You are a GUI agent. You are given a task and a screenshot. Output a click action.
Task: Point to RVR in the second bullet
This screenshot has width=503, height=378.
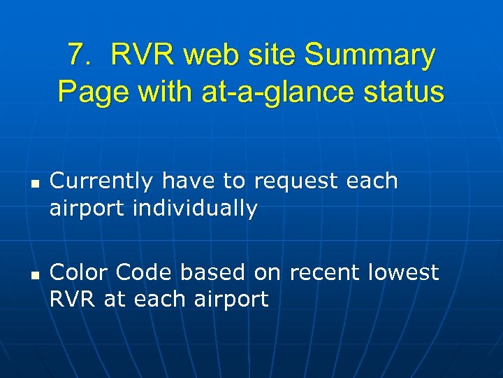[x=73, y=299]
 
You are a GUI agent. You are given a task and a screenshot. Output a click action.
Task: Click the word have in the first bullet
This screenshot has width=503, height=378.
[x=189, y=181]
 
